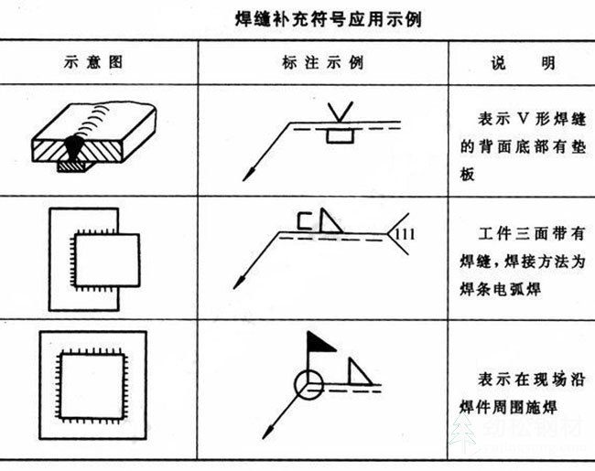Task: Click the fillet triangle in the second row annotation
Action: pos(330,221)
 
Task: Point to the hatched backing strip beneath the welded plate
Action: pos(71,166)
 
